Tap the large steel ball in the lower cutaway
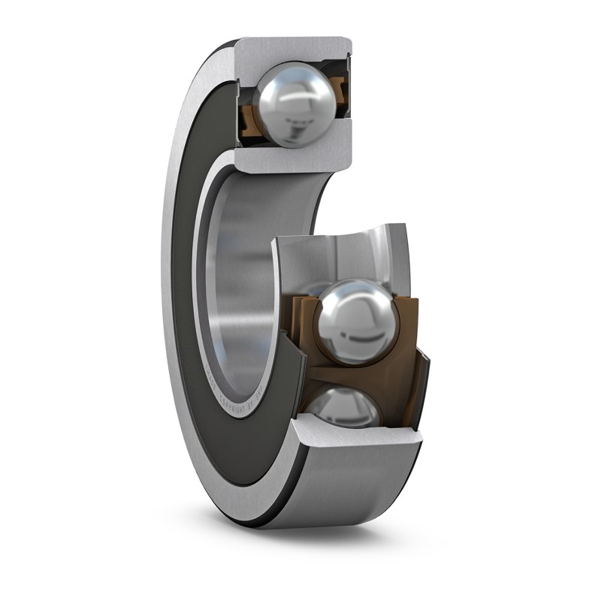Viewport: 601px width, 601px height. pos(353,322)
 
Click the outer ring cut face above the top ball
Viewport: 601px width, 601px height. pos(293,49)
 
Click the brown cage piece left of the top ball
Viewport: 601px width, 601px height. pos(248,119)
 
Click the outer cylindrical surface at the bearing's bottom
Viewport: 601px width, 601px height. pos(353,488)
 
